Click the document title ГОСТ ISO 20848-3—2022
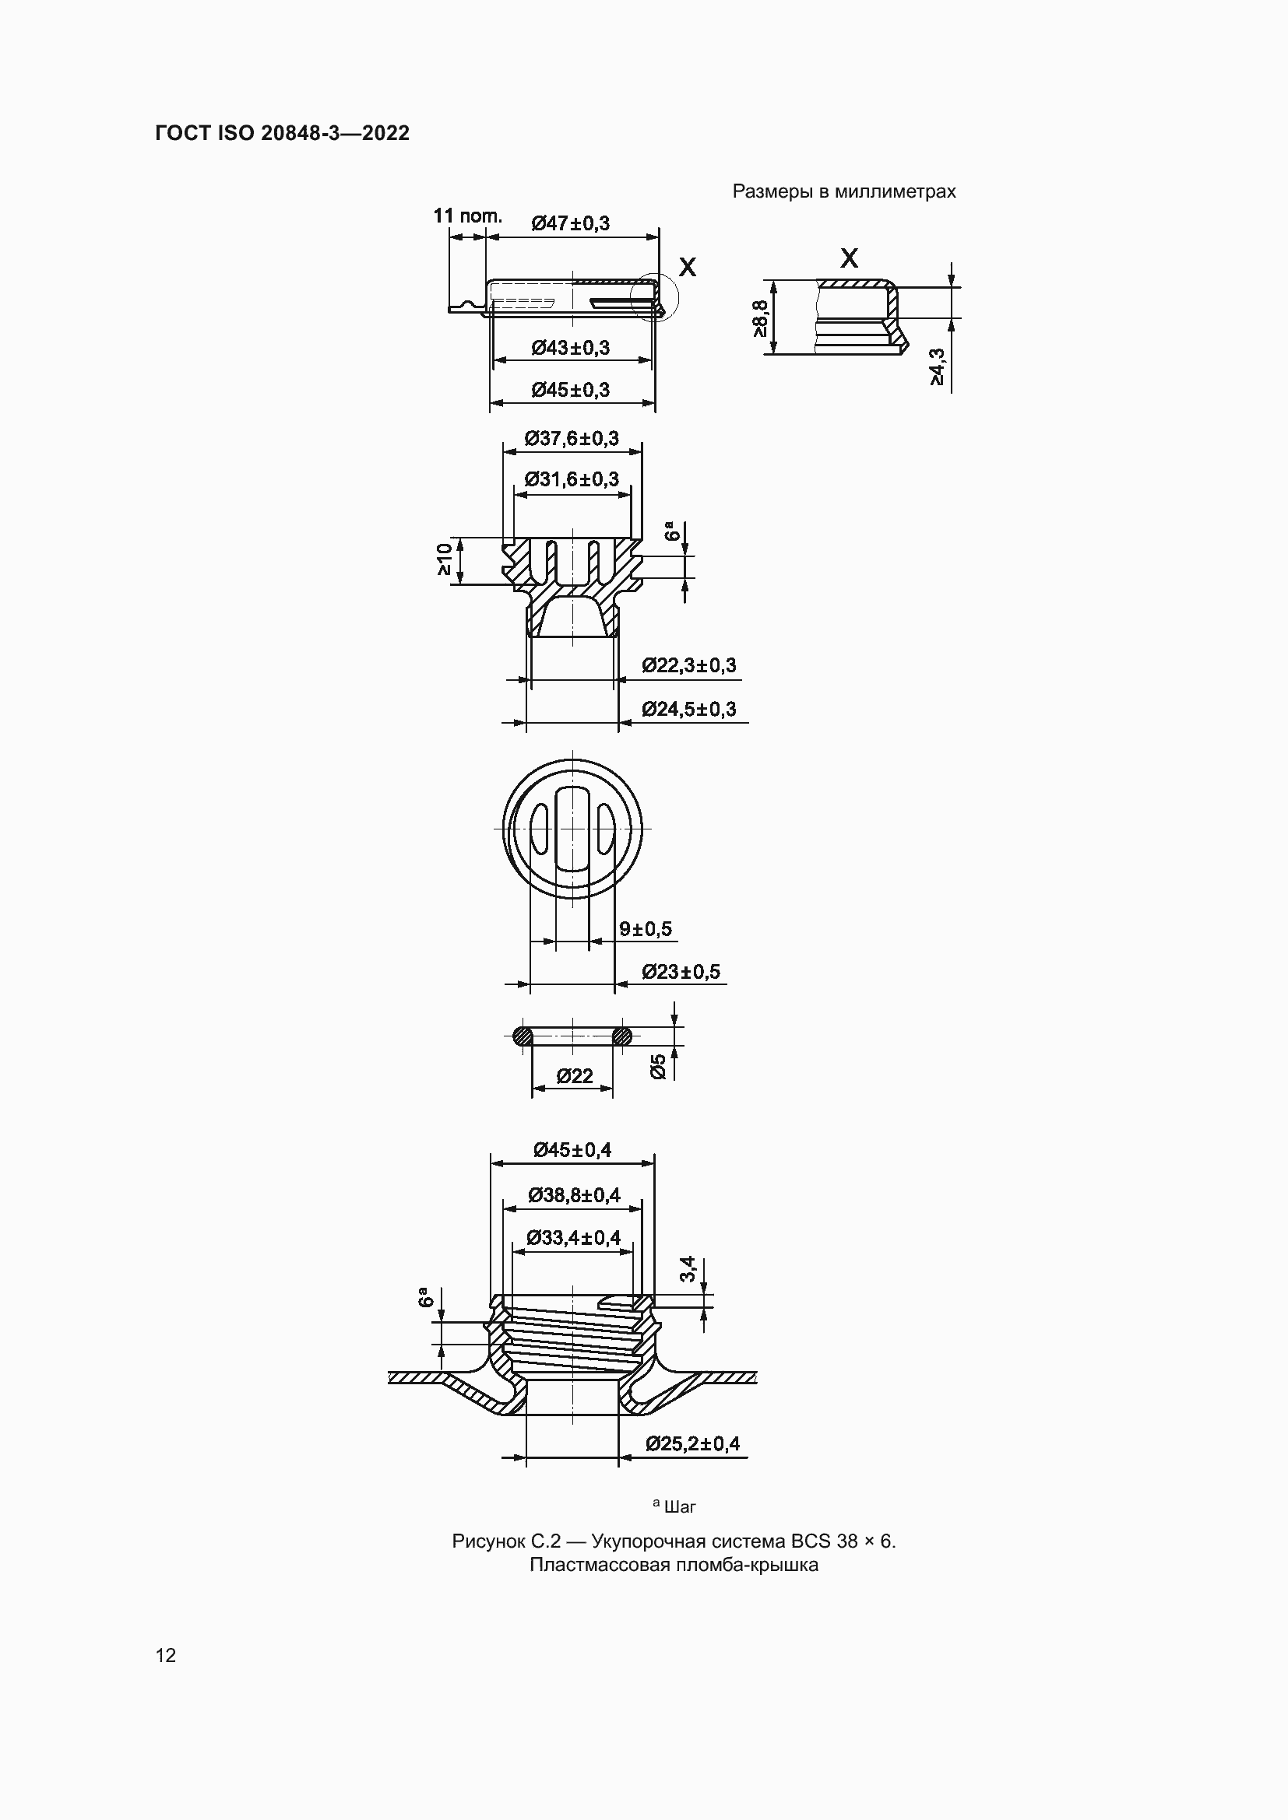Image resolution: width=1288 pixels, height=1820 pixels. (283, 133)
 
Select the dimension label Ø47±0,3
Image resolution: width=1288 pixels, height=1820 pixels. (571, 223)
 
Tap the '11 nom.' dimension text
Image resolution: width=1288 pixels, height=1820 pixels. (468, 216)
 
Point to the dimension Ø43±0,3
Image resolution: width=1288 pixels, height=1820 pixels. (571, 348)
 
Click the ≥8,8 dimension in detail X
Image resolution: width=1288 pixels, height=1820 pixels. (760, 317)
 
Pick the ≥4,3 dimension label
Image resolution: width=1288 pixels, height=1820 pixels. (938, 367)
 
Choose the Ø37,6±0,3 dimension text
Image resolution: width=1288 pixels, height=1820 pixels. (572, 438)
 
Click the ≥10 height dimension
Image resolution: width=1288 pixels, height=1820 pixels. (444, 559)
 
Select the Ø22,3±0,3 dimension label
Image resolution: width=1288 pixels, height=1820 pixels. (689, 665)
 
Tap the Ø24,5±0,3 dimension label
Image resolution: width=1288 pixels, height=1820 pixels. (689, 709)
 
